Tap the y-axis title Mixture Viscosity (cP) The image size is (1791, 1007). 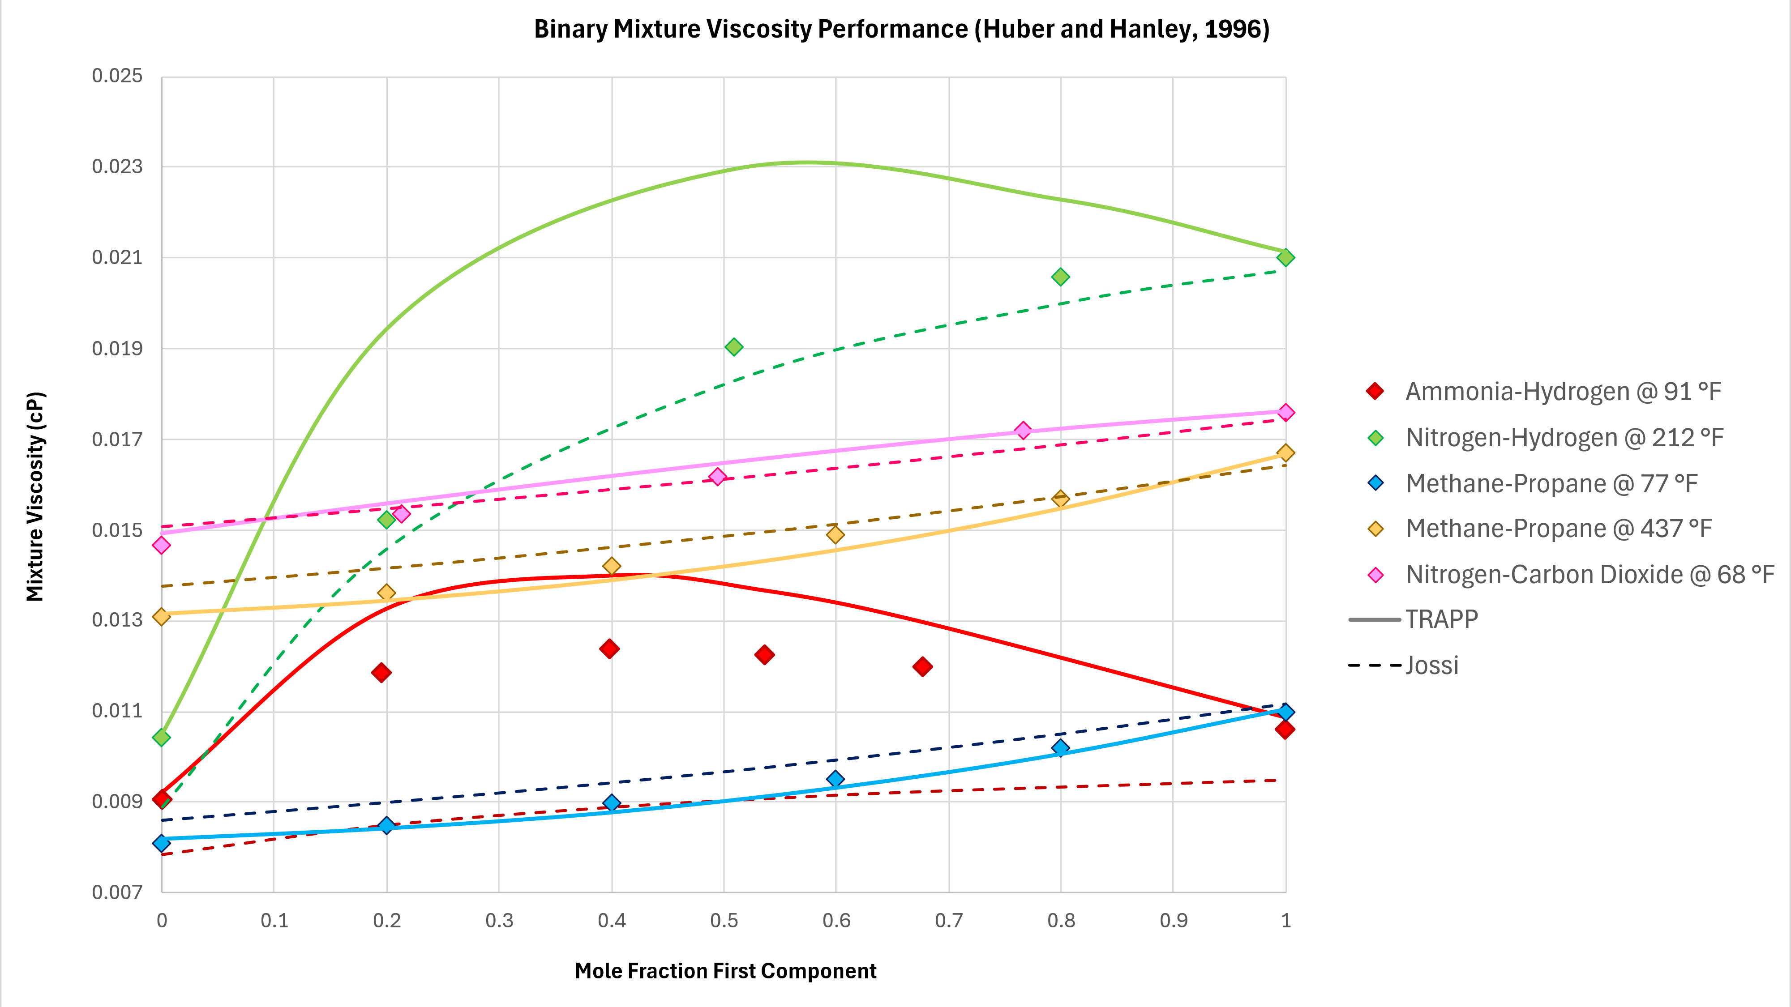click(x=35, y=496)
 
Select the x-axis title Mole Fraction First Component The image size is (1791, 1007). click(x=725, y=971)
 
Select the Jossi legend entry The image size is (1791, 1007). click(x=1431, y=665)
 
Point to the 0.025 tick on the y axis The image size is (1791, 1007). click(x=117, y=76)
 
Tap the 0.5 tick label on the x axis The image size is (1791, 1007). click(x=724, y=921)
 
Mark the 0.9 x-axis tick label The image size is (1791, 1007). click(x=1174, y=921)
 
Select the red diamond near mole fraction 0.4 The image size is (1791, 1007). click(x=610, y=649)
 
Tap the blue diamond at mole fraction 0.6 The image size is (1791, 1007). click(x=836, y=779)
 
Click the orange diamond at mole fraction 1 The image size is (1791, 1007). click(x=1285, y=453)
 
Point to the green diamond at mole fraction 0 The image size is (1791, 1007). click(x=161, y=738)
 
